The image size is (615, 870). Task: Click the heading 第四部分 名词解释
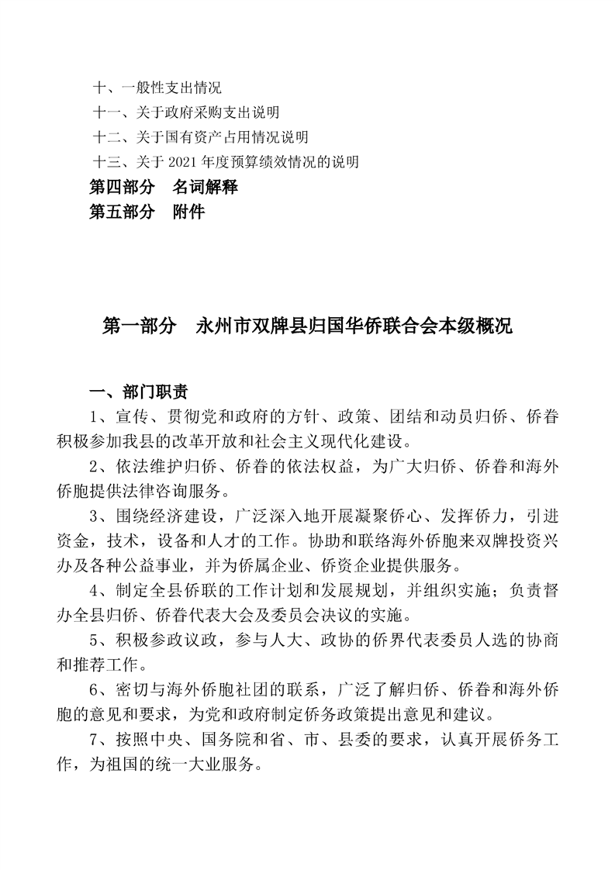[x=164, y=187]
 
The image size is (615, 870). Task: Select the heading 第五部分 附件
[x=147, y=211]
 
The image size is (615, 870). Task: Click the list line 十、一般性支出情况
[x=157, y=88]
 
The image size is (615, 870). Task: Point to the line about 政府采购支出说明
[x=186, y=113]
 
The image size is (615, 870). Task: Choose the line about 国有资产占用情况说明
[x=200, y=137]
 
